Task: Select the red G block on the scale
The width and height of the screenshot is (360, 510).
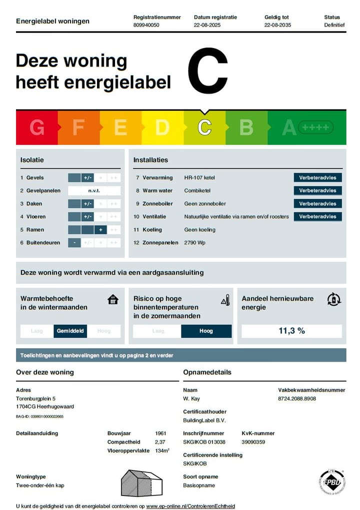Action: tap(36, 128)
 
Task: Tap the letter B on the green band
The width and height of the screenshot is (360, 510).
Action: tap(246, 128)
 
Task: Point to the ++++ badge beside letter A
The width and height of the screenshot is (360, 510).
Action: tap(315, 128)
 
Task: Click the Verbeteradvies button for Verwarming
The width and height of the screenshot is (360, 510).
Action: tap(317, 178)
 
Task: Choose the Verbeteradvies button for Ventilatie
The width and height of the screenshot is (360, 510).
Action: tap(317, 217)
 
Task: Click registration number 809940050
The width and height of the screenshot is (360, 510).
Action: tap(146, 25)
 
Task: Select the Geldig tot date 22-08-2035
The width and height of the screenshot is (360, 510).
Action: tap(277, 25)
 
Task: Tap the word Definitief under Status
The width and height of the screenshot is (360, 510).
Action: tap(334, 25)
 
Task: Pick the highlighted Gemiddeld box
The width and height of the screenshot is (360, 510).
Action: tap(70, 331)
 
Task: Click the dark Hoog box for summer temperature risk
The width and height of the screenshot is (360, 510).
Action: tap(206, 331)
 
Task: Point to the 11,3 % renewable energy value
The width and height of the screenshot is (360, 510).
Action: tap(291, 331)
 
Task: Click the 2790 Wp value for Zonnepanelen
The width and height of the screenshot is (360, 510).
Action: tap(194, 243)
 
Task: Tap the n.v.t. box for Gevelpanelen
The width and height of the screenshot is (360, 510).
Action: tap(94, 191)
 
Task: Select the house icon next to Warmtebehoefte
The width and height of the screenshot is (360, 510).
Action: tap(113, 300)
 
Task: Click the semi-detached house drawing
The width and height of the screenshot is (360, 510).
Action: tap(142, 483)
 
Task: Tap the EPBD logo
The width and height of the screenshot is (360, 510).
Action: tap(332, 482)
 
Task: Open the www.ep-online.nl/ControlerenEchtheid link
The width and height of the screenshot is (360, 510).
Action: tap(190, 506)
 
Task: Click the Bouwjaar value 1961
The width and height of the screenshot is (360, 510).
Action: tap(160, 434)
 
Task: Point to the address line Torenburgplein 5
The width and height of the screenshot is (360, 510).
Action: tap(36, 399)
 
